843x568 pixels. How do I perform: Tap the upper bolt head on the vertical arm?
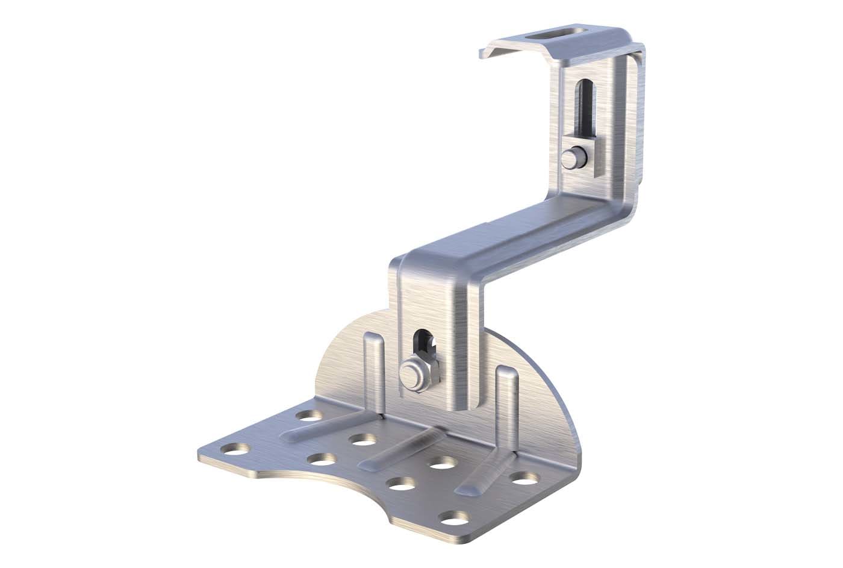570,159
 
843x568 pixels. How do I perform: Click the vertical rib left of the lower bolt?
373,367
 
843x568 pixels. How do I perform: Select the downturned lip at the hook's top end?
491,51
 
